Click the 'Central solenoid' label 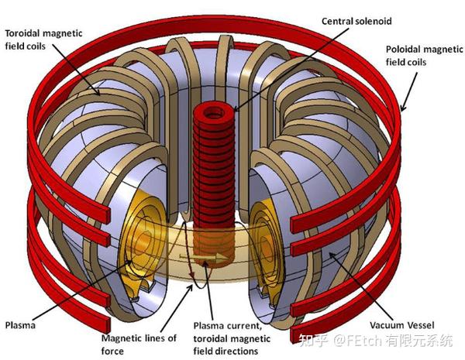click(356, 22)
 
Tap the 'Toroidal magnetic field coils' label click(43, 39)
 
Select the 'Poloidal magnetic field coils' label click(424, 56)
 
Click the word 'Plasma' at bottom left click(20, 325)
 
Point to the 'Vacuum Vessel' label click(401, 325)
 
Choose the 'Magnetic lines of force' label click(139, 345)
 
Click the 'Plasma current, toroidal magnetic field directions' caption click(232, 338)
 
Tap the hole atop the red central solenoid click(213, 112)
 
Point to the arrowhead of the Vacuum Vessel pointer click(331, 255)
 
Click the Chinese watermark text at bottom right click(375, 341)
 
